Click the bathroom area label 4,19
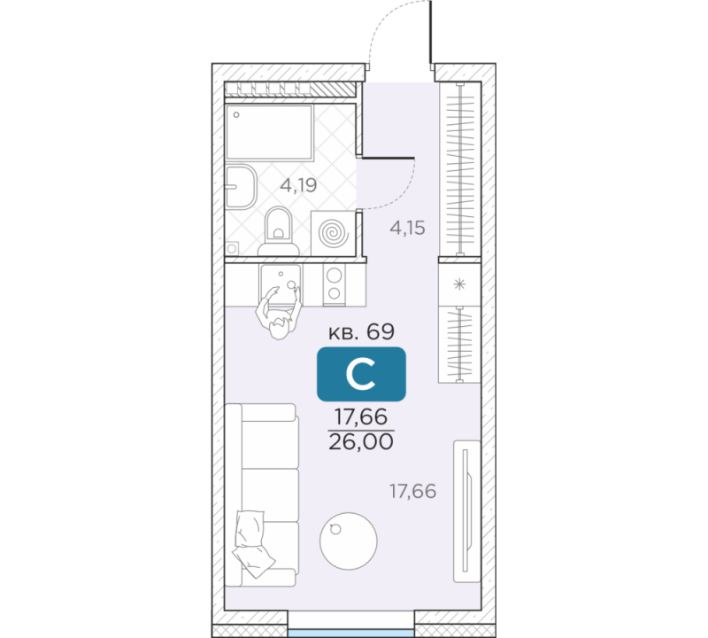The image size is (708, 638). point(298,185)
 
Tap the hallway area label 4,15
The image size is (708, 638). point(407,228)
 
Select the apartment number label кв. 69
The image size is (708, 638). point(361,332)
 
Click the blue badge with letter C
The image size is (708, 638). point(361,374)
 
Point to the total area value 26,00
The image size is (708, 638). point(361,442)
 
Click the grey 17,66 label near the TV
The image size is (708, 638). point(412,491)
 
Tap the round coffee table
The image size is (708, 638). point(348,541)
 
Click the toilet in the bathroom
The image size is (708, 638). point(279,230)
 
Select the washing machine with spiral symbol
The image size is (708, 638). point(334,233)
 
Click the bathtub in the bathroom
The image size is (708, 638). point(269,132)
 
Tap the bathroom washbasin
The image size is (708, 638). point(241,187)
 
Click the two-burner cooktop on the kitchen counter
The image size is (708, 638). point(335,284)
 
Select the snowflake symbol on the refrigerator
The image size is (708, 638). point(459,284)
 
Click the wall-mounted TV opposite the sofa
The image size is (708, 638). point(467,511)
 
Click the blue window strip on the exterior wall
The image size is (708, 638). point(350,633)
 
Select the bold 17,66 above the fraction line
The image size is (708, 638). point(361,416)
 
